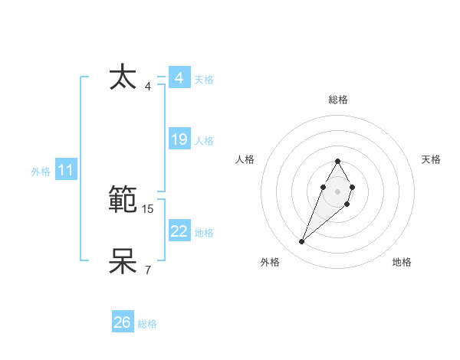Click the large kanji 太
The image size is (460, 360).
click(x=123, y=78)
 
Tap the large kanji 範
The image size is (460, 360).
click(x=123, y=201)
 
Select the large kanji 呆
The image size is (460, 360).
click(x=123, y=261)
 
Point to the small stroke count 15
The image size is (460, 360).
click(x=148, y=208)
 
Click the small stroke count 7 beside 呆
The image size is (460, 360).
click(x=148, y=270)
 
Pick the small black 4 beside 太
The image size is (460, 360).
click(x=148, y=86)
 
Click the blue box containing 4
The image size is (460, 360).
click(x=179, y=78)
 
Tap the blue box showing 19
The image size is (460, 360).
click(x=179, y=139)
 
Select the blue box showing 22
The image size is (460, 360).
click(x=179, y=231)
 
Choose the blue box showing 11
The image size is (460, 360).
click(x=66, y=170)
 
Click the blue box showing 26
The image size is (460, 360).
click(x=123, y=322)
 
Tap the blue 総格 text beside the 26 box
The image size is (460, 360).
click(x=147, y=324)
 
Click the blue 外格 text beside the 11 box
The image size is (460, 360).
click(x=41, y=172)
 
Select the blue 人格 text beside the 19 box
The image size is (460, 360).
click(x=204, y=141)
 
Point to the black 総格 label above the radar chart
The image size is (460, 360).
click(x=337, y=100)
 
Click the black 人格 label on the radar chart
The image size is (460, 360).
click(x=245, y=159)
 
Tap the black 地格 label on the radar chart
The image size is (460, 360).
click(x=402, y=262)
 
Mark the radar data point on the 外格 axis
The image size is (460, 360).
click(x=301, y=242)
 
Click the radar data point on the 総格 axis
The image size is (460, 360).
click(x=337, y=161)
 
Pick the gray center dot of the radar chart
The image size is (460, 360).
click(x=337, y=190)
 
